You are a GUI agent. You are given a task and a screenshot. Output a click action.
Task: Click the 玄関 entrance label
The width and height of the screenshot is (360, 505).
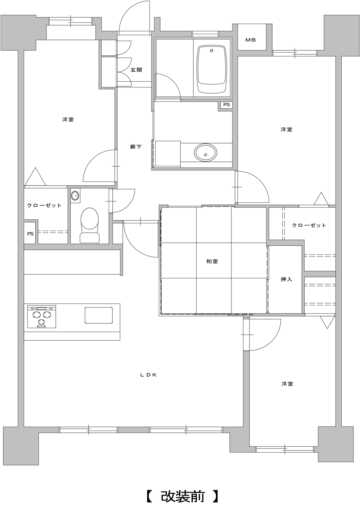pos(136,70)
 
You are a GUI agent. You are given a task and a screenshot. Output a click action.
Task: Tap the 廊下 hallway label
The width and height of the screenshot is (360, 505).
pos(136,147)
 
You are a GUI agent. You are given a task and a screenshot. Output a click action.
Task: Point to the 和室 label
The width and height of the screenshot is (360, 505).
pos(212,261)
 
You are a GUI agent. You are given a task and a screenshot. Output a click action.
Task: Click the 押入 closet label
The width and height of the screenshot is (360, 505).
pos(287,279)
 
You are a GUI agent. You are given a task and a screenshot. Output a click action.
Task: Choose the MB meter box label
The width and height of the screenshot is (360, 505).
pos(251,40)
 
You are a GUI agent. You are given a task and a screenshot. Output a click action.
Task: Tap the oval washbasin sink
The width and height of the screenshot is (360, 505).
pos(206,153)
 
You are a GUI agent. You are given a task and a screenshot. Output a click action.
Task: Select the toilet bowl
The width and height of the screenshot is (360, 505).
pos(90,225)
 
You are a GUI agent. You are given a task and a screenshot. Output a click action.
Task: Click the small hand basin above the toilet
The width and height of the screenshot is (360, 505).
pos(75,195)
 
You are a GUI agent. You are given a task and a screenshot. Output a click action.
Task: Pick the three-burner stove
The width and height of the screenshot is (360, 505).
pos(42,317)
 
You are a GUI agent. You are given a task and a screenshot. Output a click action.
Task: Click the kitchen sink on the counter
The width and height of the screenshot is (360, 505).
pos(99,315)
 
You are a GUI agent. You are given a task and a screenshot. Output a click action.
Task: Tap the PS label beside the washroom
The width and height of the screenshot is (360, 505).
pos(226,105)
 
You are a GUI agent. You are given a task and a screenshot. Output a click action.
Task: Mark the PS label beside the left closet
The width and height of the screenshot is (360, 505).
pos(31,234)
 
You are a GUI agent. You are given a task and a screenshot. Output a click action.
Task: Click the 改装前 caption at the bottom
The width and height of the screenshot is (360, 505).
pos(183,495)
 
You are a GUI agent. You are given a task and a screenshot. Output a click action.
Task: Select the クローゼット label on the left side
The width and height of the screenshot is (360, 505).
pos(44,205)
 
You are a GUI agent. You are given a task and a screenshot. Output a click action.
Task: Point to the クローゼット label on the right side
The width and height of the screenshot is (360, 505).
pos(309,225)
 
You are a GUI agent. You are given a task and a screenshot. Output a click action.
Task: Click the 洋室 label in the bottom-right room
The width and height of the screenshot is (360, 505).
pos(287,384)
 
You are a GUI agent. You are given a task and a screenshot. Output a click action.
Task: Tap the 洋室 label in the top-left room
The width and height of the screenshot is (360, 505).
pos(68,119)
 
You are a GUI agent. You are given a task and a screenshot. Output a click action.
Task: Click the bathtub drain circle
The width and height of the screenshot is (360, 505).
pos(211,50)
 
